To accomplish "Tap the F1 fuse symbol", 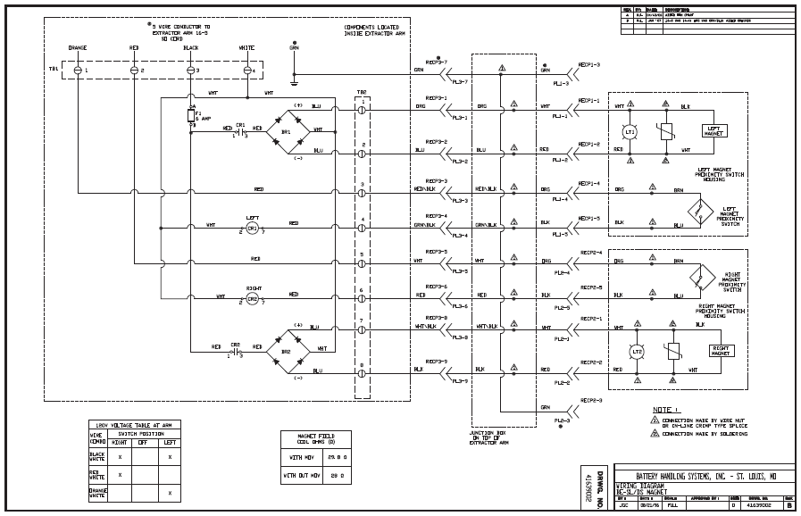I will (x=191, y=115).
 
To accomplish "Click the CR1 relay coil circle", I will (x=252, y=229).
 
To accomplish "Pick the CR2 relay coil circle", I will (x=252, y=299).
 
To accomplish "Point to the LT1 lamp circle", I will (x=630, y=131).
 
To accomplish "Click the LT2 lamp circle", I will (x=637, y=352).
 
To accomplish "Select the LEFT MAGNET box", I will (x=714, y=130).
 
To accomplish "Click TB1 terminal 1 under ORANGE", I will (x=78, y=70).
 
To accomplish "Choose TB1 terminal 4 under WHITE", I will (x=248, y=70).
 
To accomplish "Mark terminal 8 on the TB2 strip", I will (x=362, y=366).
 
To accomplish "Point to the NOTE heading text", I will (x=665, y=408).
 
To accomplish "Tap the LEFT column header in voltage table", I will (x=169, y=443).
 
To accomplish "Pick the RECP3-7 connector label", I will (x=436, y=62).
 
